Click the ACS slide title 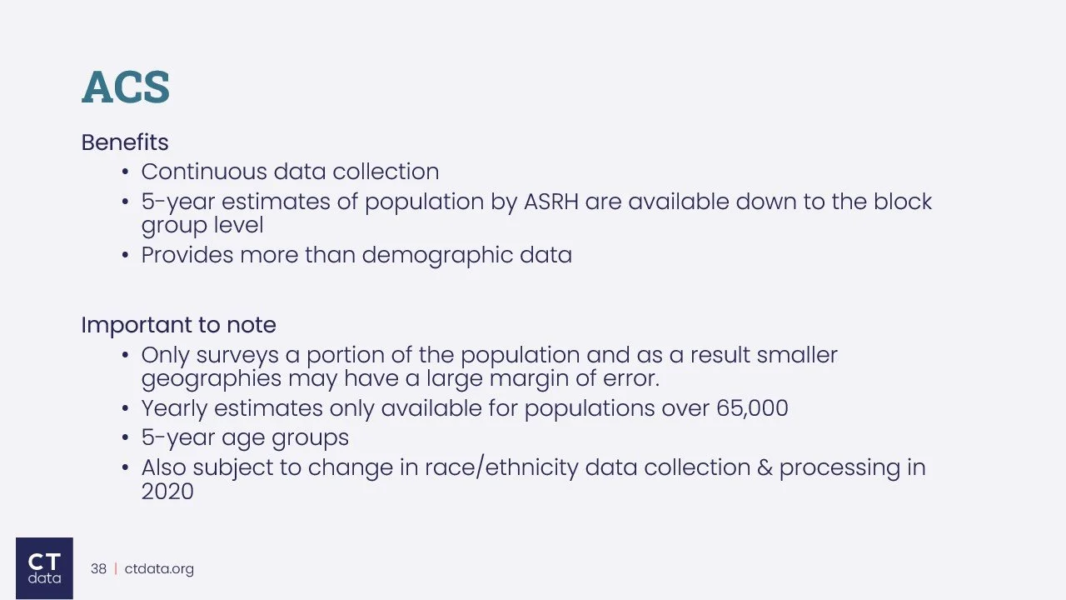click(126, 87)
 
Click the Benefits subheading click(125, 142)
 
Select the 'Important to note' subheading click(178, 325)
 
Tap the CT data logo click(44, 567)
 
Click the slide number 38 click(98, 569)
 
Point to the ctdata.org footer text click(159, 569)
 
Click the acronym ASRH click(550, 202)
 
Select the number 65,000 click(752, 408)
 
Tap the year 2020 click(167, 492)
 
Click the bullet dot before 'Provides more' click(125, 256)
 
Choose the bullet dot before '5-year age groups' click(125, 438)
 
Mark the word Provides click(187, 255)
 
